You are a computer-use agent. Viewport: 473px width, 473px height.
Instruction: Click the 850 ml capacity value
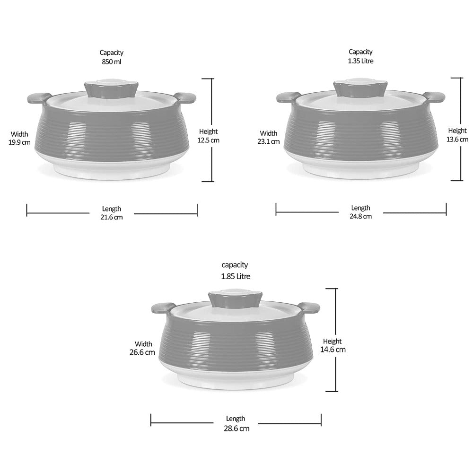click(112, 62)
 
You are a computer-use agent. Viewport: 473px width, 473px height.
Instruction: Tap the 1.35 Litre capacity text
click(360, 61)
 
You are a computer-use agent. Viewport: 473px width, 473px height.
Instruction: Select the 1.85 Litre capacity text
click(236, 276)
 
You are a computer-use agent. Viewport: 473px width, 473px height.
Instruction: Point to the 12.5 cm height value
click(209, 140)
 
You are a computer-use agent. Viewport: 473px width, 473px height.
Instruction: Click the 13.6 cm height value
click(457, 140)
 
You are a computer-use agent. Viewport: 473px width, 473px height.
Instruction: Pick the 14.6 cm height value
click(333, 350)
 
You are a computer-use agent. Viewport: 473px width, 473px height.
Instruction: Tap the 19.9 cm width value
click(19, 142)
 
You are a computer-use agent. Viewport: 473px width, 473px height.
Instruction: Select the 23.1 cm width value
click(269, 141)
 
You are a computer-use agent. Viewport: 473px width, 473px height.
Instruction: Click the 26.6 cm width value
click(142, 352)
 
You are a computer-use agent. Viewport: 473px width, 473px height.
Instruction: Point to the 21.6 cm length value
click(112, 217)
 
